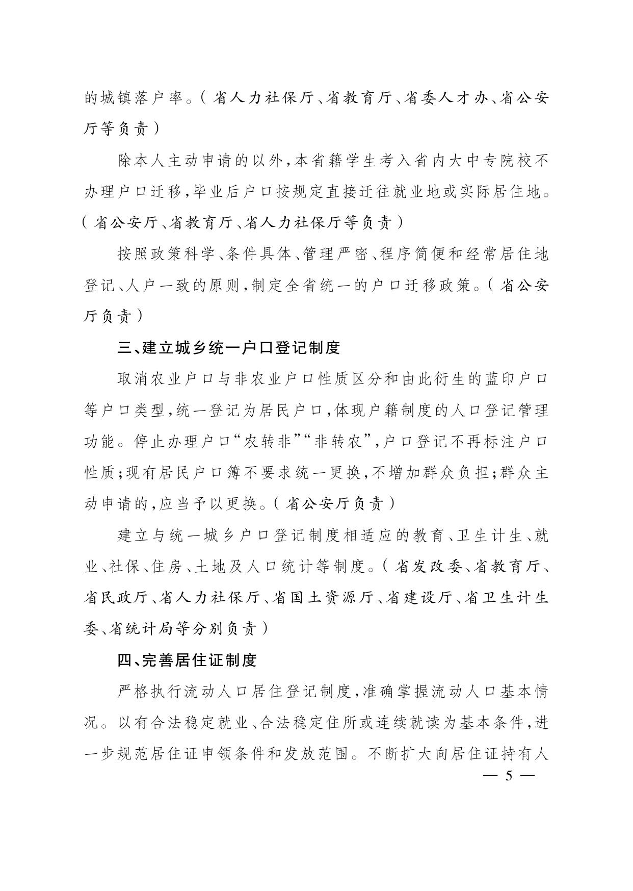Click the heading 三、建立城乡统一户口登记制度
coord(228,348)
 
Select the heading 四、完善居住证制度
coord(187,660)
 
